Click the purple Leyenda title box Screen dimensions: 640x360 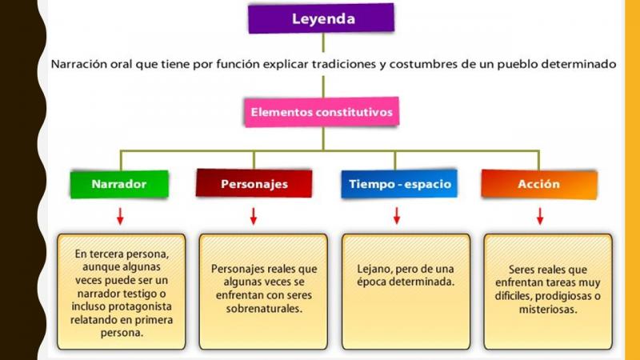[x=322, y=18]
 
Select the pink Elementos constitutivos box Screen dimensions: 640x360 [x=322, y=112]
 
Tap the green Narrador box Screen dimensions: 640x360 [x=119, y=184]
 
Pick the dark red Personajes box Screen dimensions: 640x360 [x=254, y=184]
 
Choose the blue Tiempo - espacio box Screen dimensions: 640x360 [x=399, y=184]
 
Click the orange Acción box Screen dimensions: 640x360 [x=539, y=184]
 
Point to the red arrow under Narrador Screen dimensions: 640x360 [x=120, y=216]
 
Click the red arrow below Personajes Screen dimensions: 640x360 [x=254, y=216]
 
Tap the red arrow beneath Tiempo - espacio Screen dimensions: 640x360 [x=396, y=215]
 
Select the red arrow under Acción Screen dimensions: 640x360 [x=540, y=216]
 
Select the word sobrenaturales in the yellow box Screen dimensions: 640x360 [x=264, y=309]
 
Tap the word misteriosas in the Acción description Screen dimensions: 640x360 [x=548, y=310]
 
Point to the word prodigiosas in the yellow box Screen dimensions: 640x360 [x=563, y=296]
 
